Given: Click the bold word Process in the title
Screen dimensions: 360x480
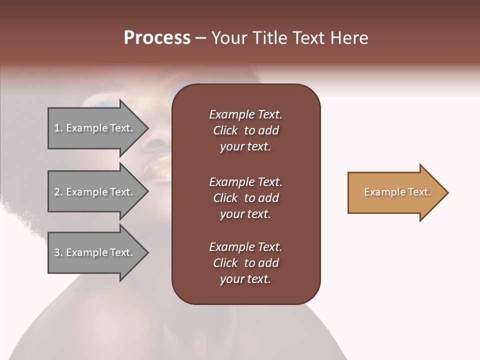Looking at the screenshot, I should [x=157, y=38].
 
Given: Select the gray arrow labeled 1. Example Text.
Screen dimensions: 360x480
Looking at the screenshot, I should [x=95, y=128].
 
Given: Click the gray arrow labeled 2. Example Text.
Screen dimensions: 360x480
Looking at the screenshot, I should [x=95, y=192].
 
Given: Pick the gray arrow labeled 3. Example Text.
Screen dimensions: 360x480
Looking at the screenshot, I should [x=95, y=252].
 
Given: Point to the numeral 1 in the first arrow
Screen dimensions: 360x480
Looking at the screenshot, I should [x=57, y=128].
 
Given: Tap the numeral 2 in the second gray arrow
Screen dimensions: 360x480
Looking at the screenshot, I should [x=57, y=192].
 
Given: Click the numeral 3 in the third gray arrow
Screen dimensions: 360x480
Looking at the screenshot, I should [x=57, y=252].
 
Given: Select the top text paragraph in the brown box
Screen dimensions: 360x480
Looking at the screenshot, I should [x=245, y=130].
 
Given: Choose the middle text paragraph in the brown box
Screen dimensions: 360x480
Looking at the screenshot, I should [x=245, y=197].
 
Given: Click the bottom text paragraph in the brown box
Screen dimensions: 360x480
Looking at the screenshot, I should [x=245, y=263].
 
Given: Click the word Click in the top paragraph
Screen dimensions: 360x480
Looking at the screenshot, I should [x=225, y=130].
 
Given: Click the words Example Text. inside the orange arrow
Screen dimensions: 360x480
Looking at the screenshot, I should [x=397, y=192].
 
